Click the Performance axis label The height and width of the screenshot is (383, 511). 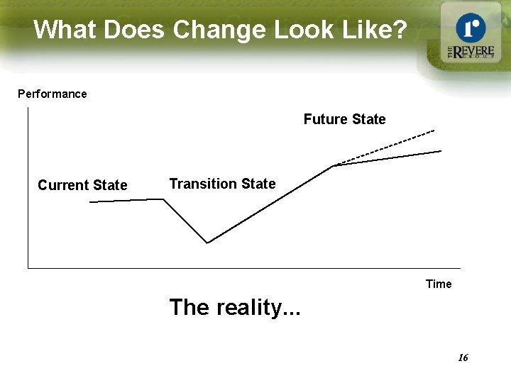52,94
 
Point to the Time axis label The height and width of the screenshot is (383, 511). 438,284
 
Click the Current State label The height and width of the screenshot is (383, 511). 82,185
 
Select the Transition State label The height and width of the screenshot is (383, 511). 222,184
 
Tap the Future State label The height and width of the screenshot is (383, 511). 344,119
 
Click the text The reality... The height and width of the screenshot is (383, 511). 234,307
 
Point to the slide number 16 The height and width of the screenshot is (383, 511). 463,357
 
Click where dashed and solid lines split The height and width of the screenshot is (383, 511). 334,166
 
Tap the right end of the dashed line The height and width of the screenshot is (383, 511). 434,131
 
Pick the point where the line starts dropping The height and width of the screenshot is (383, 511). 164,199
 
